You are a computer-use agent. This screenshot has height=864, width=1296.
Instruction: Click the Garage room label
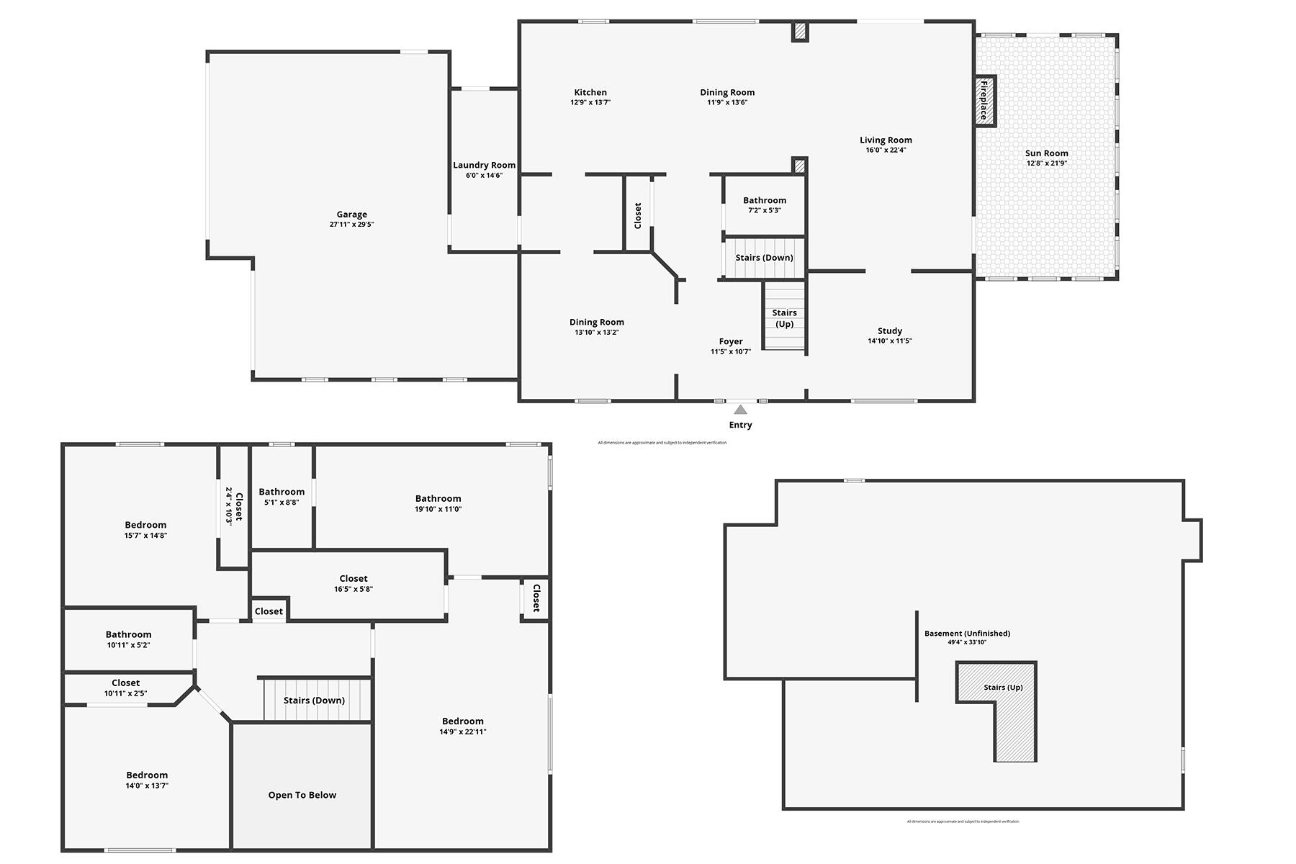351,215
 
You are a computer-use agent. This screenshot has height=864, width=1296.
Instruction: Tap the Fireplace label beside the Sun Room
984,100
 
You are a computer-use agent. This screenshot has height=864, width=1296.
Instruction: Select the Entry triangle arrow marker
740,410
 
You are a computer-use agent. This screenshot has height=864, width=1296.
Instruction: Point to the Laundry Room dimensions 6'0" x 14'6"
484,176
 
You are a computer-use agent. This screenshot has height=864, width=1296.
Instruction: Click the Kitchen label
590,92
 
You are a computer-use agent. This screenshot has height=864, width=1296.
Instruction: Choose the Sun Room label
1046,153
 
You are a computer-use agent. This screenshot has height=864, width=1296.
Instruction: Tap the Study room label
890,331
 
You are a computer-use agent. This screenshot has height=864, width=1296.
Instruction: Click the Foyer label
731,341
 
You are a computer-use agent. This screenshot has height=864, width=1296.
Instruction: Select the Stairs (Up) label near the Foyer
784,318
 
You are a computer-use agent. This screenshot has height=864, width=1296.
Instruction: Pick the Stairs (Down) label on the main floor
764,258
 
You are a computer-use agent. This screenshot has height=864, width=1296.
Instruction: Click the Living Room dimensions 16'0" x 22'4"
886,150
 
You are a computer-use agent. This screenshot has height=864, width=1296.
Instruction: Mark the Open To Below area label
302,795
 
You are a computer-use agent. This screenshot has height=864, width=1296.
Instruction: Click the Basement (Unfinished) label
967,634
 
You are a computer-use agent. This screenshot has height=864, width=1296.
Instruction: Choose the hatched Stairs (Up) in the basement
1003,688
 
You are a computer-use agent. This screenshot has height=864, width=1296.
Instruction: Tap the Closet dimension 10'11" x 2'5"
125,693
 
